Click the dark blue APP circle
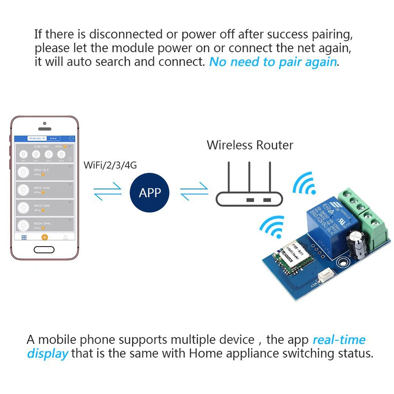pos(150,193)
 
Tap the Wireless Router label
pos(250,145)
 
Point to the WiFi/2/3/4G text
pos(110,165)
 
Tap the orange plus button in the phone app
pos(45,237)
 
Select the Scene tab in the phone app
pos(53,138)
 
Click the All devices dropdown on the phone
pos(37,138)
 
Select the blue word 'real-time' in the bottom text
pos(339,340)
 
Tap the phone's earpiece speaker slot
pos(45,129)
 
